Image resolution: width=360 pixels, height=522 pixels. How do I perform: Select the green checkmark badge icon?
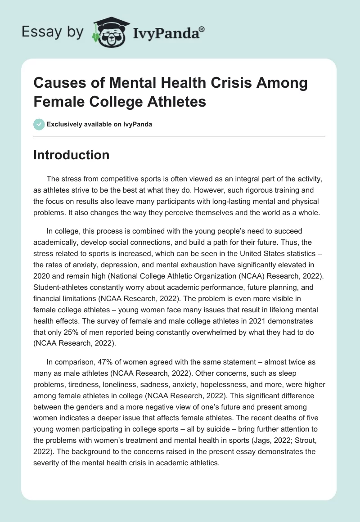tap(39, 124)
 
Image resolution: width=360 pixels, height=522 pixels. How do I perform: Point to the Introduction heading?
tap(72, 155)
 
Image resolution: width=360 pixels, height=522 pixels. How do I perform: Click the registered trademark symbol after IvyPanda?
tap(202, 28)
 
